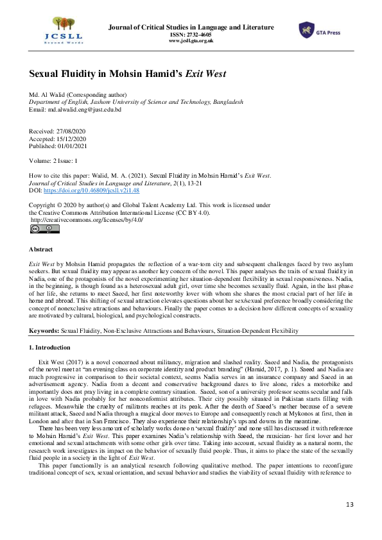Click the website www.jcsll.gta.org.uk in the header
(191, 40)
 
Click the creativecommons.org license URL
(87, 220)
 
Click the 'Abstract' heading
(42, 249)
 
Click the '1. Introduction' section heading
(52, 347)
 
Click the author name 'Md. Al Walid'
(49, 95)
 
